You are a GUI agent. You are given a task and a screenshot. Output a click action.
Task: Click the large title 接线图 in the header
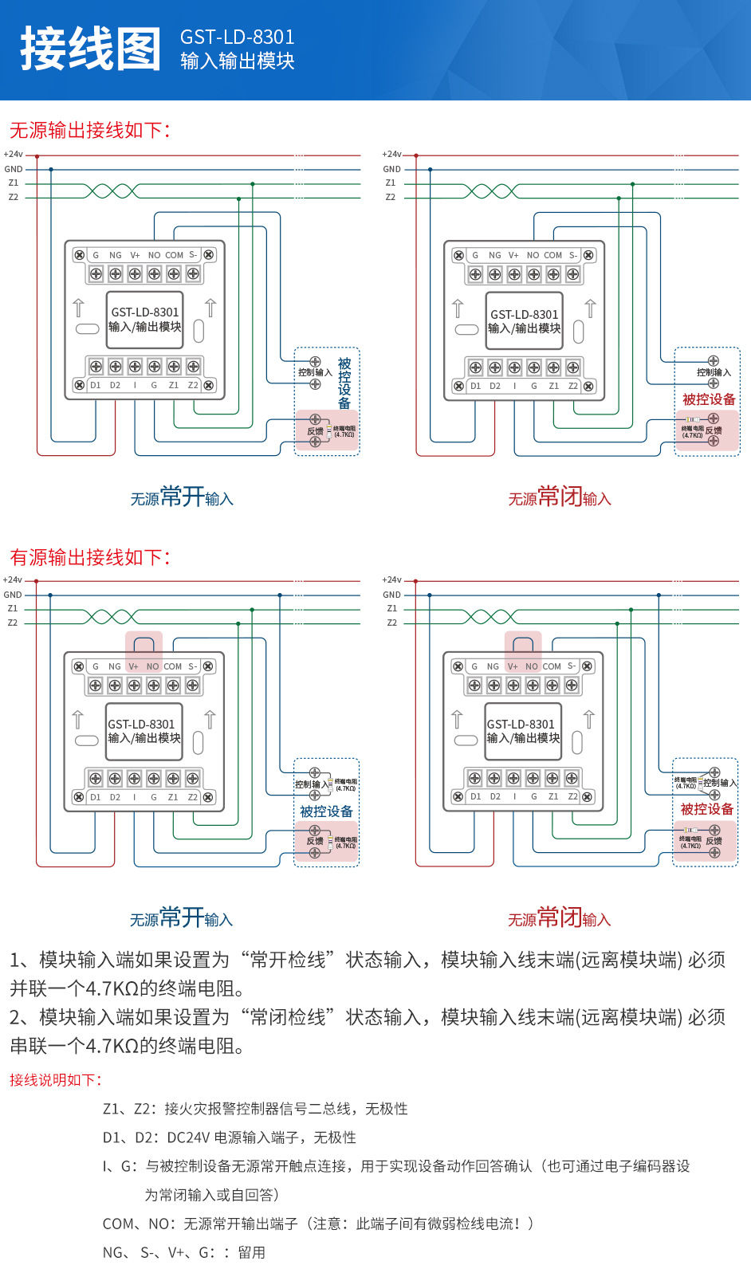90,49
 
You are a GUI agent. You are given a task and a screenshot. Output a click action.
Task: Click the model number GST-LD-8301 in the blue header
237,37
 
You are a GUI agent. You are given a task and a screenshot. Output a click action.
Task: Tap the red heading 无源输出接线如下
89,130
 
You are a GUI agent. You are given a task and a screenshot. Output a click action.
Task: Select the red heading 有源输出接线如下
89,557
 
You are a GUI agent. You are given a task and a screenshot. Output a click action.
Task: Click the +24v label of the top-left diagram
13,155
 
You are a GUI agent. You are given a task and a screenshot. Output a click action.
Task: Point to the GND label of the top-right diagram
391,169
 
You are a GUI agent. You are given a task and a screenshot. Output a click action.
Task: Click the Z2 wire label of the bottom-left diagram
13,623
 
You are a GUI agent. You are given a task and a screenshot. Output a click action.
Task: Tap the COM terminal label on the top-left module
174,256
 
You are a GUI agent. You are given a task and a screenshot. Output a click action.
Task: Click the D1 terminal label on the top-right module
475,387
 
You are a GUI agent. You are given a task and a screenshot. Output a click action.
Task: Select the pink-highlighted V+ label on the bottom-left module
133,666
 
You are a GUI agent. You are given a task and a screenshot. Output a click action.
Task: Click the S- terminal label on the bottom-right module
572,666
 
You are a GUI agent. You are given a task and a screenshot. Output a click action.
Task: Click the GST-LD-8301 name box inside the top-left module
145,320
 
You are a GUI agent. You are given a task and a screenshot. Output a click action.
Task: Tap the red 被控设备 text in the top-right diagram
708,399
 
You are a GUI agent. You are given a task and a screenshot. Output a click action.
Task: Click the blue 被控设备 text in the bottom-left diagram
326,811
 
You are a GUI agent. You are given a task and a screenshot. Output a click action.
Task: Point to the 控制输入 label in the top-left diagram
315,372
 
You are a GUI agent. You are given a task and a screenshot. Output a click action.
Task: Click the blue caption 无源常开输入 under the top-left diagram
182,497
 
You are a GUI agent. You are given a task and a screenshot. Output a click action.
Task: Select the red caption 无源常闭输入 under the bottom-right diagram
559,918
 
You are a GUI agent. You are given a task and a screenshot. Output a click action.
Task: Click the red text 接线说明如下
56,1080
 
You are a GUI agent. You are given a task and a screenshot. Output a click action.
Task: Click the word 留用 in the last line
251,1252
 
